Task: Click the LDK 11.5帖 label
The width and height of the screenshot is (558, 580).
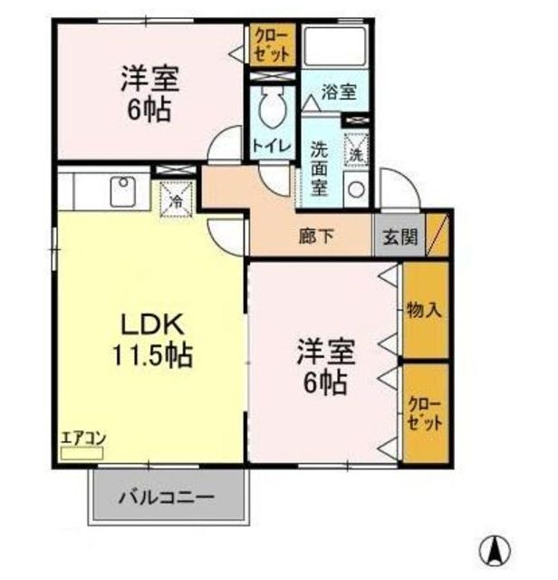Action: pyautogui.click(x=153, y=337)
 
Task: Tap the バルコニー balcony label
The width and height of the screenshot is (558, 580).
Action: pyautogui.click(x=167, y=498)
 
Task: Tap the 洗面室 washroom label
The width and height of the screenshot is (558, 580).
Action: pyautogui.click(x=320, y=169)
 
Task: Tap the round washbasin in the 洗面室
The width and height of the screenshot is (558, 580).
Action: pyautogui.click(x=356, y=191)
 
